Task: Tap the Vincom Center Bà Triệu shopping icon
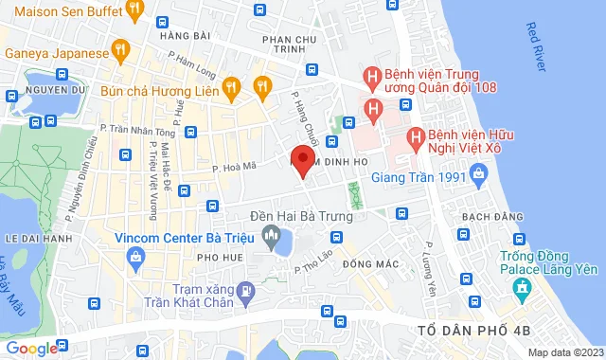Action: point(137,256)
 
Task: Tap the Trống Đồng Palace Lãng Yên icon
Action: point(521,287)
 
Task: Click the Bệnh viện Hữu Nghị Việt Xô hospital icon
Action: point(414,138)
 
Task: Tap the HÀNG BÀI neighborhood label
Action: point(184,35)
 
